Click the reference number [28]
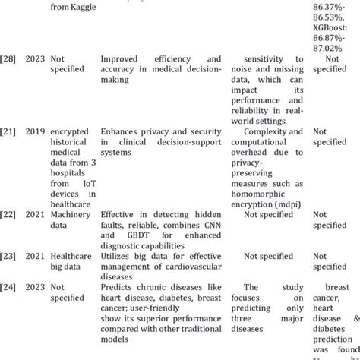(10, 58)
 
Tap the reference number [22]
(10, 215)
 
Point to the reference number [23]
(10, 257)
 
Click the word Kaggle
(93, 8)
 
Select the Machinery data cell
(76, 220)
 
